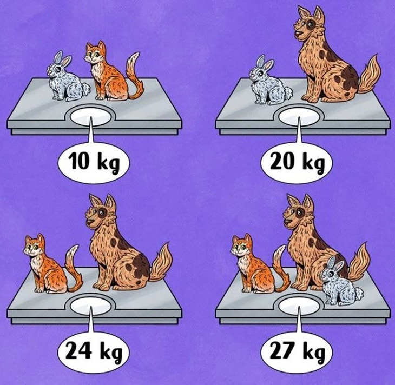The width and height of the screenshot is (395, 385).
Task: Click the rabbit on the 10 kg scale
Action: [67, 78]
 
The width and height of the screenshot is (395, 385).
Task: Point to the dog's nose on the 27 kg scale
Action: [287, 222]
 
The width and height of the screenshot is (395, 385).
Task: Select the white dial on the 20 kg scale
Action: [298, 116]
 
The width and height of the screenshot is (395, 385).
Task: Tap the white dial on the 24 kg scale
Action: [90, 305]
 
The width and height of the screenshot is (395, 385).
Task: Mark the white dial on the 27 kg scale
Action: [298, 305]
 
